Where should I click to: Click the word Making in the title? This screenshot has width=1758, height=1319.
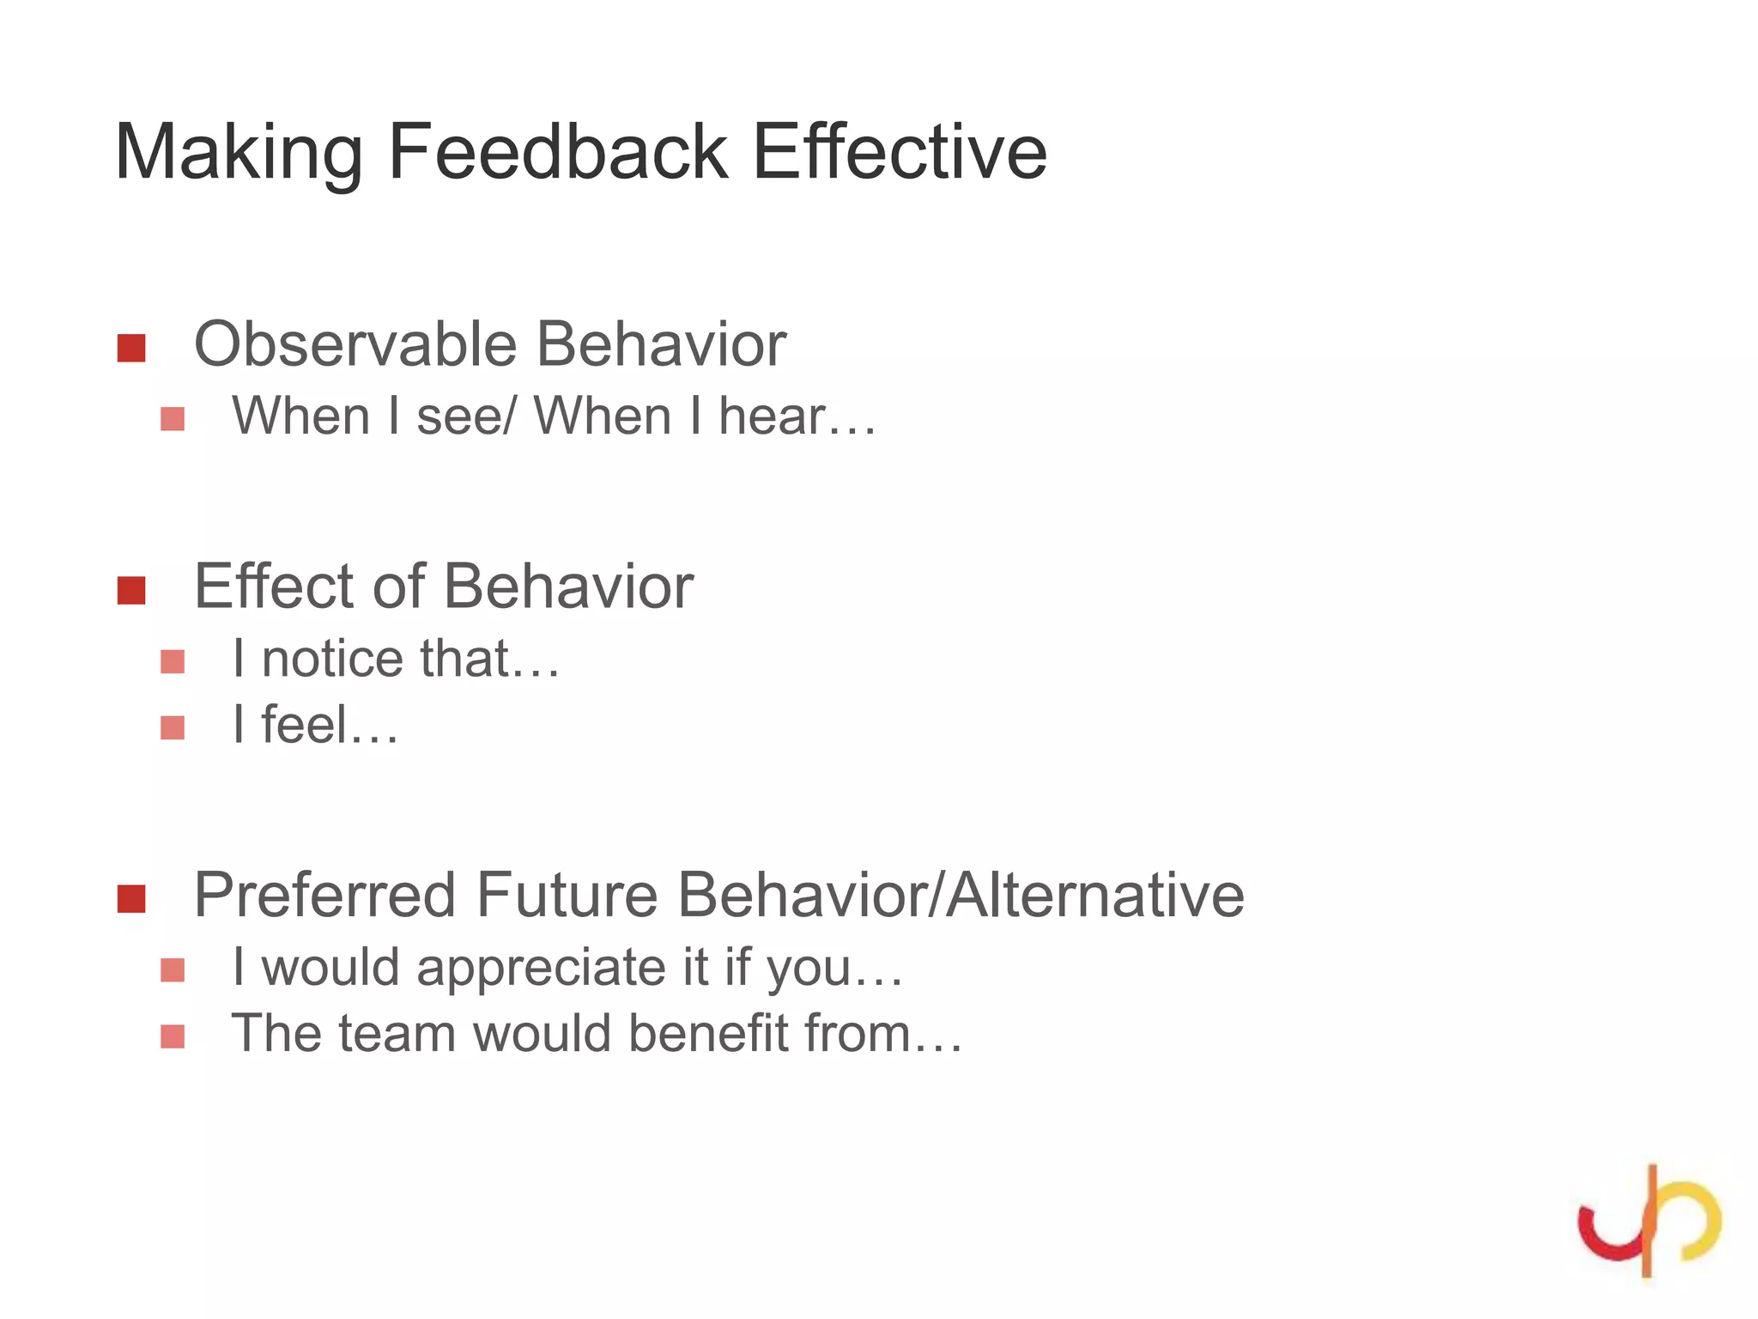click(239, 153)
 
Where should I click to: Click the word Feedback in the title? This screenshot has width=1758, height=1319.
click(558, 153)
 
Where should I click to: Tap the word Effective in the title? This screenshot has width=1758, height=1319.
click(899, 153)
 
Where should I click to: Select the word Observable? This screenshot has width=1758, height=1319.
click(355, 344)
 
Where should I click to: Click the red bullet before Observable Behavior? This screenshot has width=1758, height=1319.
click(131, 348)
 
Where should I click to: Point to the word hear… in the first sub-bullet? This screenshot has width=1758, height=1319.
click(797, 416)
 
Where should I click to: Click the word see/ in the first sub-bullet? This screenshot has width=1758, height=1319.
click(466, 418)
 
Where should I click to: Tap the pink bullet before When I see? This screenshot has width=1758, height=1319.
click(173, 419)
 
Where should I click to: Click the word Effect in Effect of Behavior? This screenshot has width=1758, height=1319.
click(273, 587)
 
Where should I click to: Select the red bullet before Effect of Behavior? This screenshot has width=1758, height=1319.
click(131, 590)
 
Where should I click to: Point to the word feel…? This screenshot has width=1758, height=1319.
click(330, 725)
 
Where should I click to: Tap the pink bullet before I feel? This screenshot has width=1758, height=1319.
click(173, 728)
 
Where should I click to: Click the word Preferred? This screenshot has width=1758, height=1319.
click(324, 896)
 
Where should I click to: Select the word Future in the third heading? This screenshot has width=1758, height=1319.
click(567, 896)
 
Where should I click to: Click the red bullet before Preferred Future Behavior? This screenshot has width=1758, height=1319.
click(131, 899)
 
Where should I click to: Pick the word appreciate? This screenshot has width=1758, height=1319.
click(541, 969)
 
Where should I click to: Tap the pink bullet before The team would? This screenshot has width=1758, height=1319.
click(173, 1036)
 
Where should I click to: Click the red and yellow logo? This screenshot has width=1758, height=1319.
click(1648, 1220)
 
